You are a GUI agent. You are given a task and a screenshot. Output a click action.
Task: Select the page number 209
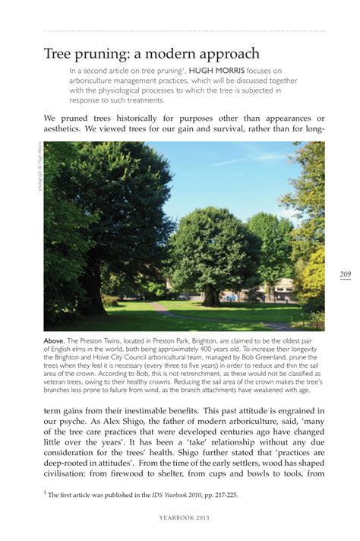tap(345, 274)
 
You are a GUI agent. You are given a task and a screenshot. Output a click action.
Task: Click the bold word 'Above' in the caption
tap(55, 342)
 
